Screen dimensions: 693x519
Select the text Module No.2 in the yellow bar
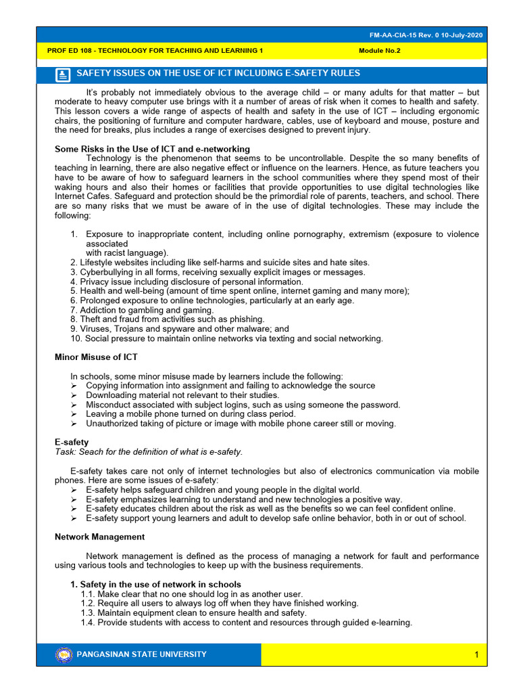[x=379, y=51]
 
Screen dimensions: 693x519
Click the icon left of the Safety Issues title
[x=63, y=74]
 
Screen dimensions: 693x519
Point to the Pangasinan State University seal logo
[x=64, y=654]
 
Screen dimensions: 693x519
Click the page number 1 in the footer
[x=476, y=654]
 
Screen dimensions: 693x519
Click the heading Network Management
[x=99, y=537]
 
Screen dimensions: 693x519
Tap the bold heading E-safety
[x=71, y=442]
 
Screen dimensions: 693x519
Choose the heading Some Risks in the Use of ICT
[x=151, y=149]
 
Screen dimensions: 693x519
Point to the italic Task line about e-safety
[x=148, y=451]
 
